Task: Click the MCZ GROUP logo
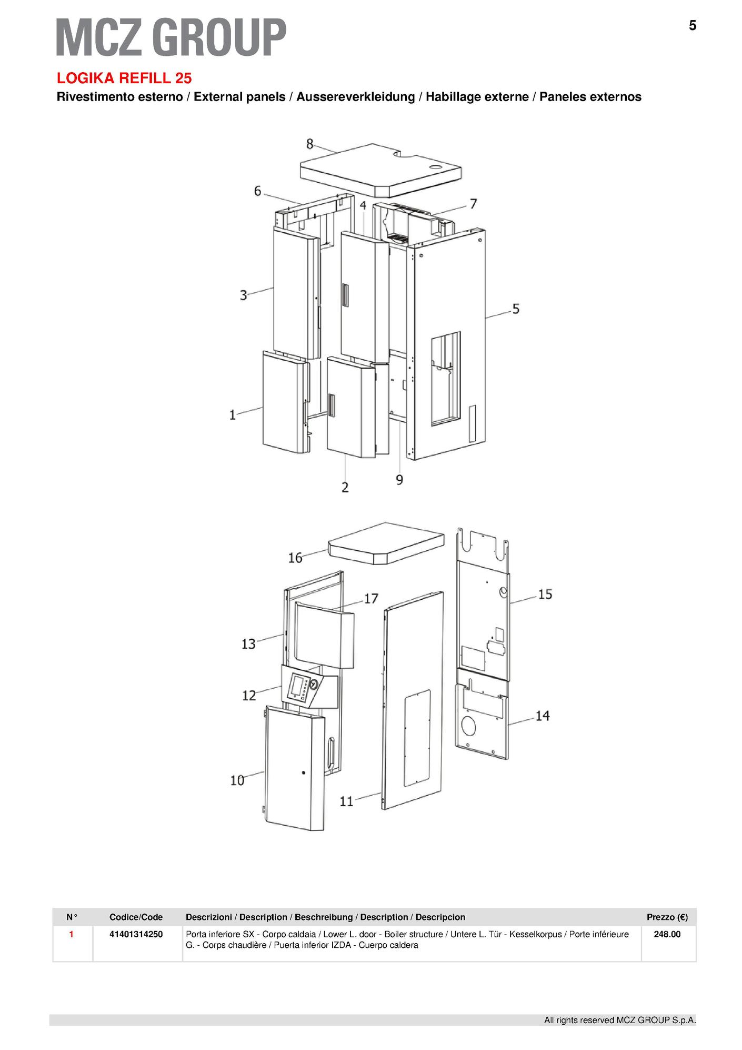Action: [172, 36]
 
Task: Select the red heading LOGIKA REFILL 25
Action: [124, 78]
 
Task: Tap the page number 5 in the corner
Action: [693, 25]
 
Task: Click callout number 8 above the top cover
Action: [310, 144]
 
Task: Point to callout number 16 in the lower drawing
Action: [295, 557]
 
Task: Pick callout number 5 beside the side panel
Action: [516, 309]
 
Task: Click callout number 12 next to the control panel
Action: [249, 695]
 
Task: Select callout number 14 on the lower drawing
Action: [543, 716]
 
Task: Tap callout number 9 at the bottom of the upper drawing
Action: [399, 480]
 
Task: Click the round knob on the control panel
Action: [314, 685]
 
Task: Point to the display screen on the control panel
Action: [297, 686]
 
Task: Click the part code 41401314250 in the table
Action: [136, 934]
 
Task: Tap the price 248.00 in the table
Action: [667, 934]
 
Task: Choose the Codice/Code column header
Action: [136, 917]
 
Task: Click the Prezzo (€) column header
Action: [667, 917]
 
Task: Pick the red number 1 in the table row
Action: [72, 934]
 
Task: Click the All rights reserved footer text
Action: [620, 1020]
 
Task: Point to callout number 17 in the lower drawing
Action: [371, 598]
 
